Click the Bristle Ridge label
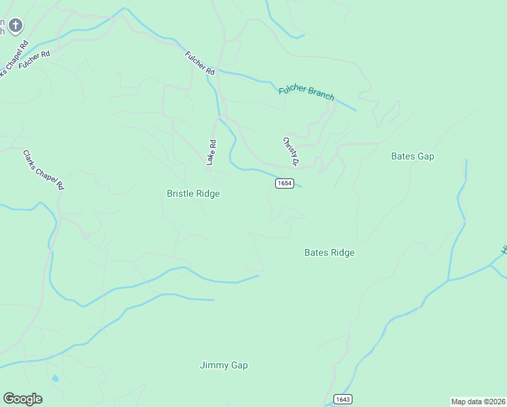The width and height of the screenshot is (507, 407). coord(193,193)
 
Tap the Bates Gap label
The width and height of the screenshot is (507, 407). coord(412,156)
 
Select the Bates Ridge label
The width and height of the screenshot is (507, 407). coord(329,252)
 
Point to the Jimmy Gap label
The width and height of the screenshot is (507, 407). coord(224,365)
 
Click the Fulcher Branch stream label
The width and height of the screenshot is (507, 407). coord(306,93)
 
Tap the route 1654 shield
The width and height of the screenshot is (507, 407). coord(284,183)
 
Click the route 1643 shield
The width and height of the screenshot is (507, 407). coord(342,399)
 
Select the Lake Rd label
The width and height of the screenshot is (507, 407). coord(211,153)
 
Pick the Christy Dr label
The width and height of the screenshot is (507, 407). coord(290,151)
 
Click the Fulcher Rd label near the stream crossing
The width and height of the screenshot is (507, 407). coord(200,62)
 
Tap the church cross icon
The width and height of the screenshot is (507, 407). coord(16,26)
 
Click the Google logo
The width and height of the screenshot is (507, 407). coord(22,399)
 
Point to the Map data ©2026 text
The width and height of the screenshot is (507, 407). coord(477,401)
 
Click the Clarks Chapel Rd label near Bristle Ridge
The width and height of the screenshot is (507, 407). coord(43,170)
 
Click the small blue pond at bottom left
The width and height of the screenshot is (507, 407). coord(55,378)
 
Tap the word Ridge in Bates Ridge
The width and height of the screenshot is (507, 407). coord(342,252)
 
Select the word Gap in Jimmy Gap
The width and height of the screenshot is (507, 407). coord(239,365)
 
